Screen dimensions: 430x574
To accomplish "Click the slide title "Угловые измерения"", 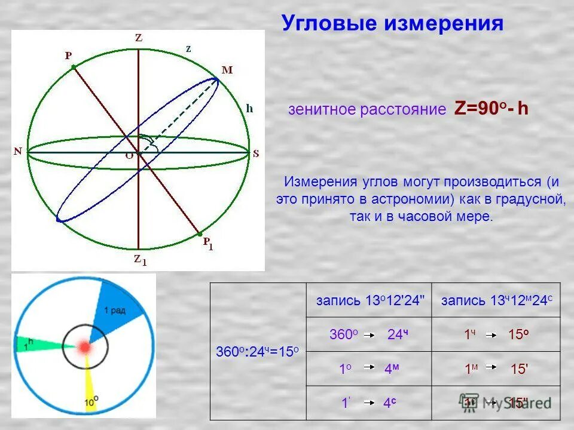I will point(392,24).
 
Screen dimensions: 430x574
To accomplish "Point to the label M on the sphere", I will point(227,70).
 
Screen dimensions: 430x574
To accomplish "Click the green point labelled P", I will point(74,67).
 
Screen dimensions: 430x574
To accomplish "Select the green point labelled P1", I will point(200,234).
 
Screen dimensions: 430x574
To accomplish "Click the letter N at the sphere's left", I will point(18,152).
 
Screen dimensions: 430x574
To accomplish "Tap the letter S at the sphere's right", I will point(256,153).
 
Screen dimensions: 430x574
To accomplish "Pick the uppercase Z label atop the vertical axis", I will point(138,38).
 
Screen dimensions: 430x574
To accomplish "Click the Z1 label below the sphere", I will point(139,259).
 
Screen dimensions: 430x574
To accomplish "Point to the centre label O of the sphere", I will point(129,155).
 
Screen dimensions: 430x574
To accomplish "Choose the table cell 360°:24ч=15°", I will point(257,352).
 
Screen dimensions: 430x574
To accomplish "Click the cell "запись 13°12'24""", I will point(370,300).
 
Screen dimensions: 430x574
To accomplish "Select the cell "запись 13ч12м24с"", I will point(496,300).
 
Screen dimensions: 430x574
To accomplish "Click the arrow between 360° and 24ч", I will point(370,335).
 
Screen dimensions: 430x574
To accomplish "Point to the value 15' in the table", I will point(518,370).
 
